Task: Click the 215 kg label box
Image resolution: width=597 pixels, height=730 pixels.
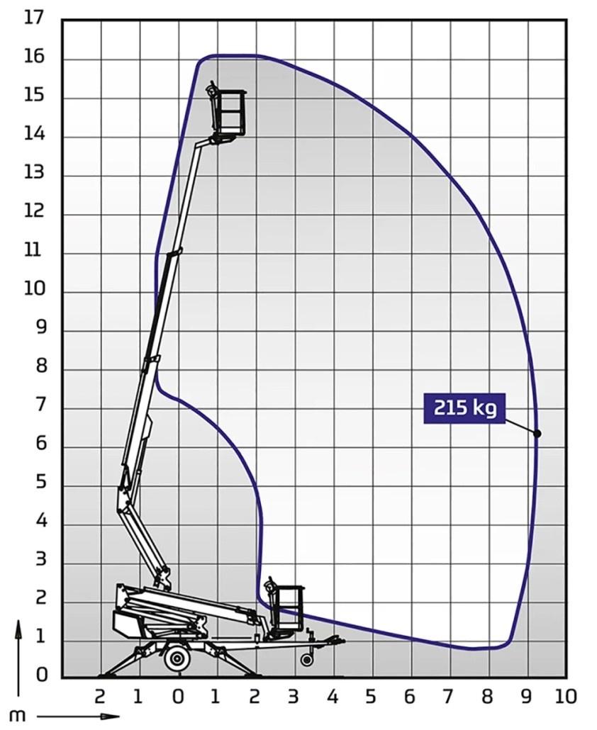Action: [x=464, y=409]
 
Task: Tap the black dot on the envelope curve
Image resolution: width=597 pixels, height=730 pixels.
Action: [x=537, y=433]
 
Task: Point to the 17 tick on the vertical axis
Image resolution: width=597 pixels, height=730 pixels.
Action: [x=33, y=18]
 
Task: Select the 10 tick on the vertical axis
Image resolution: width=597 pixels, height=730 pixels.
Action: [x=33, y=289]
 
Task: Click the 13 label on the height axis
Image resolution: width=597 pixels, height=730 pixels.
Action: [x=33, y=172]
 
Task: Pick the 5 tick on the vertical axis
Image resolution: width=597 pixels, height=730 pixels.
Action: [x=39, y=482]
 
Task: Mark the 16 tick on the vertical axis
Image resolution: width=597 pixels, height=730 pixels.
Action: [x=33, y=57]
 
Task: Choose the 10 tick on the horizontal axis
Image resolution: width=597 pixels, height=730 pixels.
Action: [x=566, y=696]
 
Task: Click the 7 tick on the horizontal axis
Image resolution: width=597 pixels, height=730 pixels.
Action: [x=449, y=696]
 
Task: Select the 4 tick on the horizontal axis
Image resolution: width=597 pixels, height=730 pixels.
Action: [x=333, y=696]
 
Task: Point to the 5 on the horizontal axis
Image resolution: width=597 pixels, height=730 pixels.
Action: [x=371, y=696]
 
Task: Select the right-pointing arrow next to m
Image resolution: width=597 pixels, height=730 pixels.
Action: [x=78, y=717]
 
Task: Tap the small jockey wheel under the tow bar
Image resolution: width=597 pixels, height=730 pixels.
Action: [x=306, y=660]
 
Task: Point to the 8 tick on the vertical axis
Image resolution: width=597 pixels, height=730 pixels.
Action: [x=39, y=366]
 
